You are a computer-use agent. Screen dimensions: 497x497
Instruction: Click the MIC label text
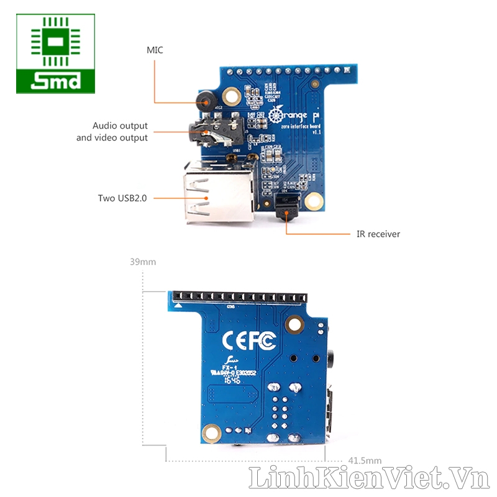tap(155, 50)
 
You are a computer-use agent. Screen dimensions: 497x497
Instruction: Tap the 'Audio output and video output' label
tap(112, 132)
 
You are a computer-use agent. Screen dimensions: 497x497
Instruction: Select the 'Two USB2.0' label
tap(122, 198)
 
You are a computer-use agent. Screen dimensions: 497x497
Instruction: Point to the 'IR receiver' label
tap(378, 234)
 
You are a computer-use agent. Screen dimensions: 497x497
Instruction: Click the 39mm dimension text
tap(143, 262)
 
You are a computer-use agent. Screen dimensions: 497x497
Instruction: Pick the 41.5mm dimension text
tap(365, 460)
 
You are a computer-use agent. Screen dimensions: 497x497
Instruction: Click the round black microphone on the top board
tap(205, 99)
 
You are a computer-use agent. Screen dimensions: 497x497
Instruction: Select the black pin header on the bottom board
tap(239, 296)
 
